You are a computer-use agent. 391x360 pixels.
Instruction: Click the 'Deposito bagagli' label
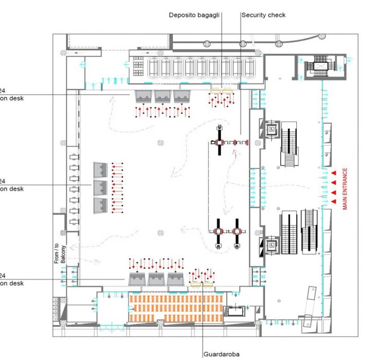(x=194, y=15)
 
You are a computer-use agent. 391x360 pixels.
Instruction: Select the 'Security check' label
(x=263, y=15)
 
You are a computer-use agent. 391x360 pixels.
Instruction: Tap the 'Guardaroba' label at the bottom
(x=221, y=353)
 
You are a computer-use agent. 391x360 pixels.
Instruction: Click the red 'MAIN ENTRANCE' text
(x=345, y=189)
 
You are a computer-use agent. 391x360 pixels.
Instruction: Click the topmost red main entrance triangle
(x=333, y=173)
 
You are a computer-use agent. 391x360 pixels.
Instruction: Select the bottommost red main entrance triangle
(x=333, y=202)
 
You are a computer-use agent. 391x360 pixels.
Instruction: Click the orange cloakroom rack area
(x=175, y=308)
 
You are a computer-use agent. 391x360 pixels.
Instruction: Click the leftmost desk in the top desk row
(x=144, y=95)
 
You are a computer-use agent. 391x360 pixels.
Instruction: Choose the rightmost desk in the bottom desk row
(x=175, y=279)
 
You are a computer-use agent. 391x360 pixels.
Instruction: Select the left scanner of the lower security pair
(x=220, y=231)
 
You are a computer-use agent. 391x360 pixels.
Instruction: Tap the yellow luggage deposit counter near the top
(x=221, y=90)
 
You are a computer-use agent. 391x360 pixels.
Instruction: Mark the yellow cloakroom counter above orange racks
(x=202, y=283)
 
